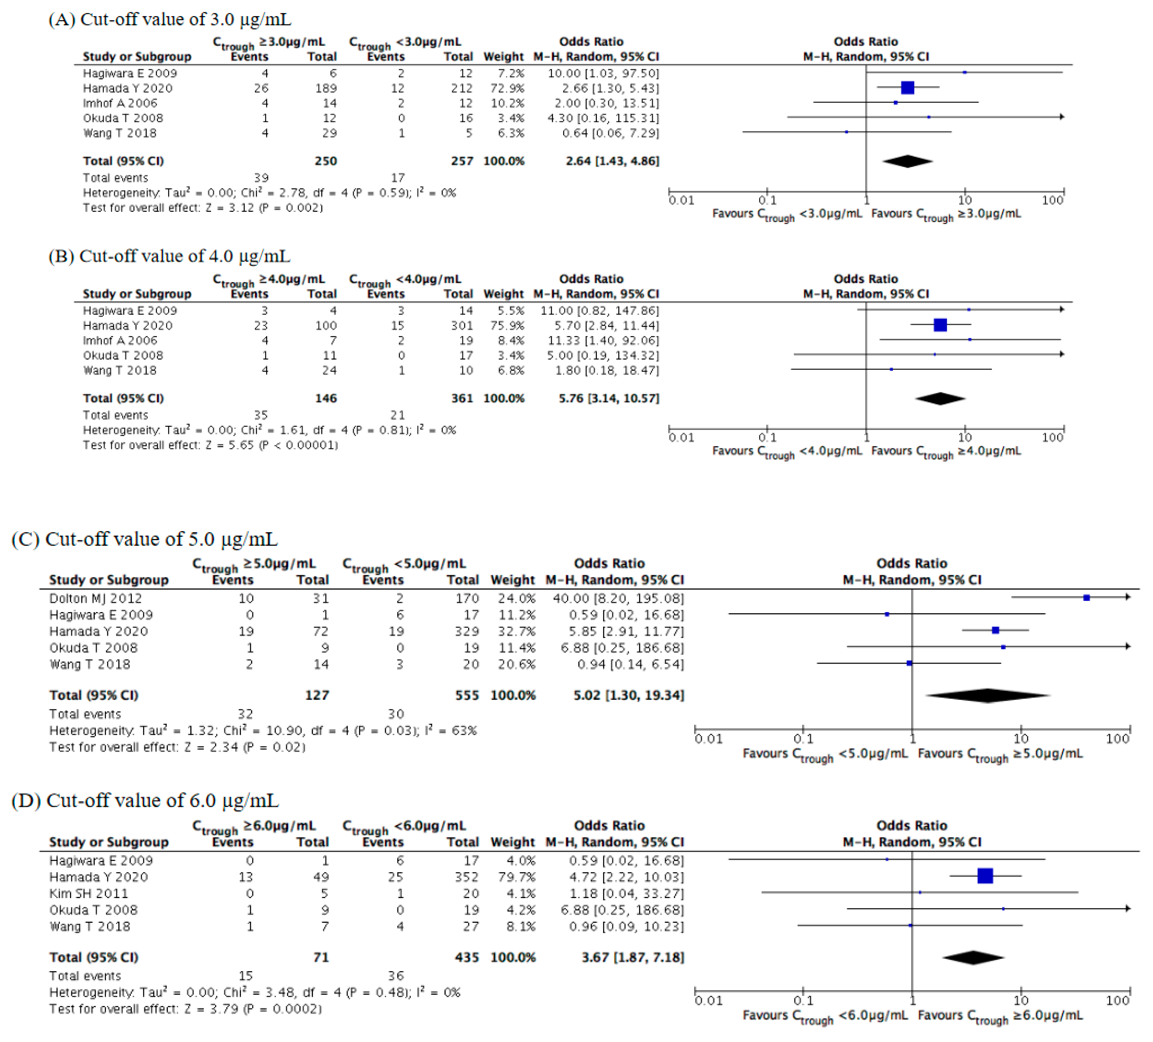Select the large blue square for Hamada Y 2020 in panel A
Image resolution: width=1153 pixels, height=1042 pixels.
(907, 87)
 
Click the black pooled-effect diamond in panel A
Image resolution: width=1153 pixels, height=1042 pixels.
(907, 161)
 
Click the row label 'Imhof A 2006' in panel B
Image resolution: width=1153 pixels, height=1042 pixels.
(120, 340)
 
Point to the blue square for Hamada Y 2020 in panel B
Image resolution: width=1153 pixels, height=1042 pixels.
(940, 325)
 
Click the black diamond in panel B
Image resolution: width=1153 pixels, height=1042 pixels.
(940, 399)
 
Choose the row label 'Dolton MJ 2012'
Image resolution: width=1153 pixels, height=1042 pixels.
(95, 598)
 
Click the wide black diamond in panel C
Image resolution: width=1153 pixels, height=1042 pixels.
(988, 695)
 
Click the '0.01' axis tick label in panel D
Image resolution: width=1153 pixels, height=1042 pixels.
(708, 1000)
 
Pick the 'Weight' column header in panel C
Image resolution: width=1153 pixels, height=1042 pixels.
(512, 580)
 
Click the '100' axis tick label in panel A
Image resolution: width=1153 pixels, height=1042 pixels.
(1052, 200)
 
